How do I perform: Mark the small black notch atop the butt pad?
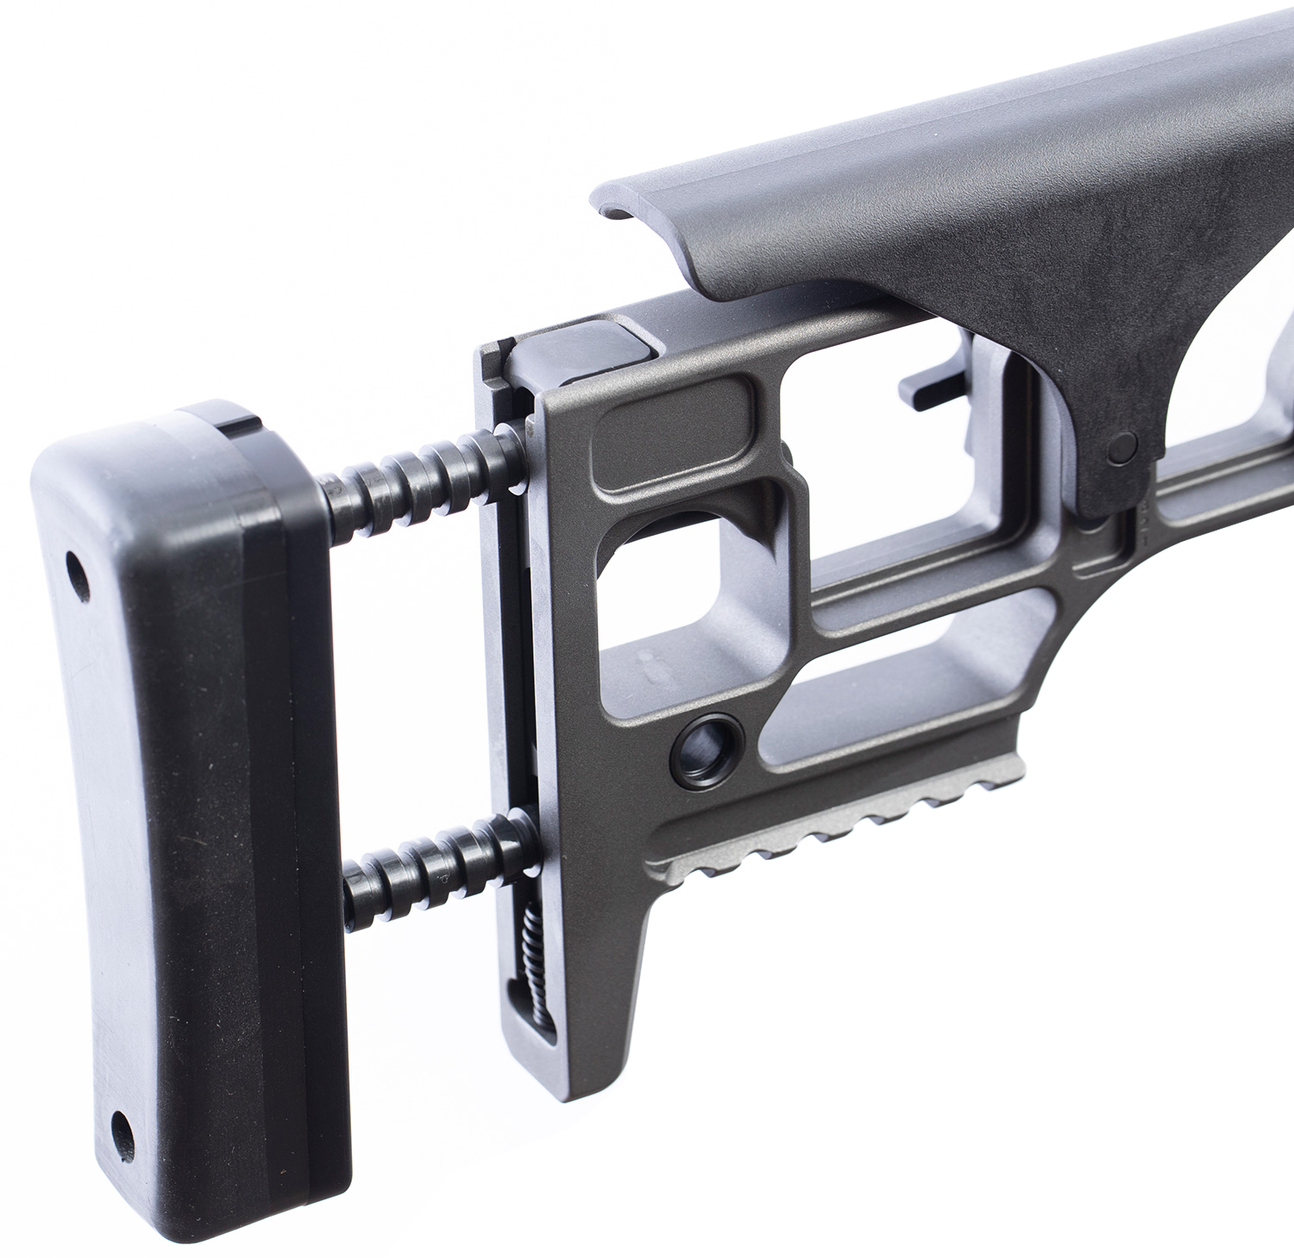coord(238,424)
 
